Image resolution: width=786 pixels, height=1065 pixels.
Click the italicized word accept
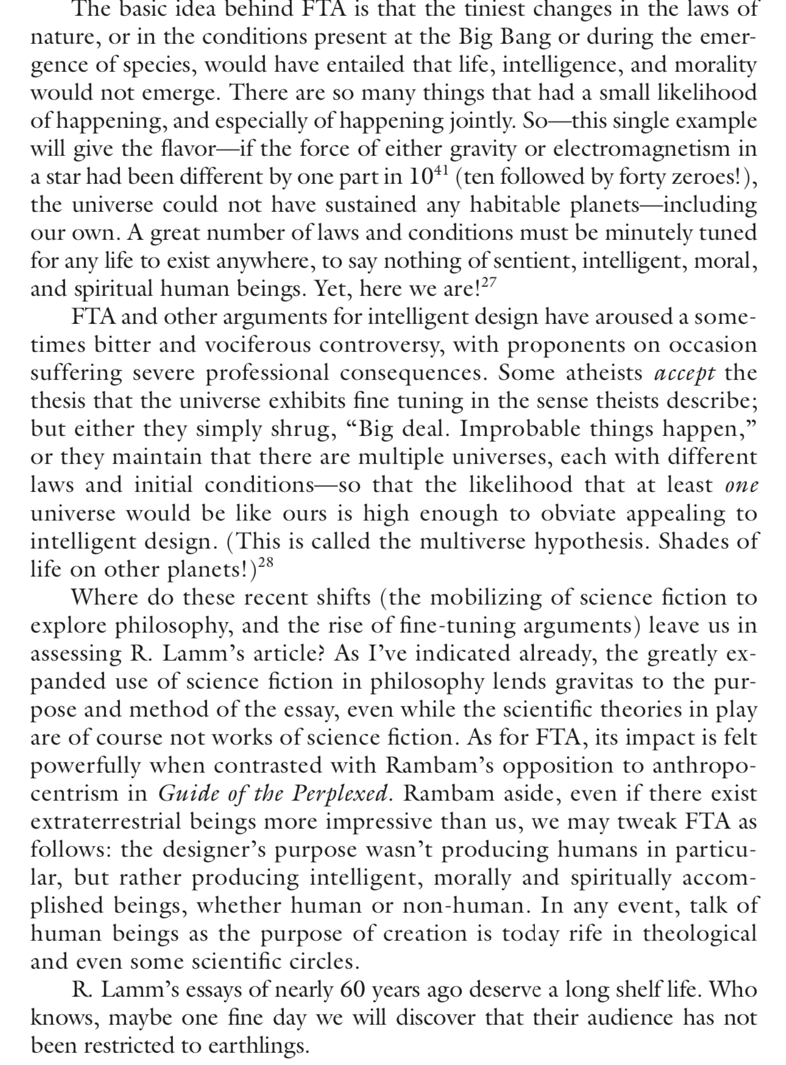pos(684,373)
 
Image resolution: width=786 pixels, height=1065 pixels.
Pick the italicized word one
pos(742,485)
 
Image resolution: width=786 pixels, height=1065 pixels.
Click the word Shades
pos(692,541)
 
